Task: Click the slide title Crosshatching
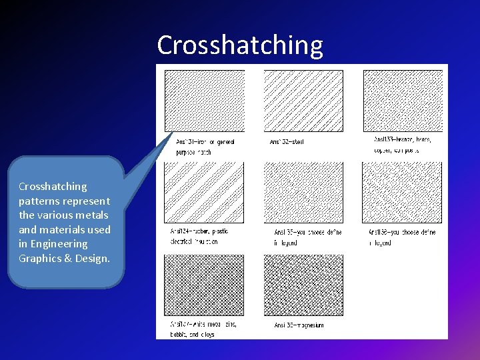(x=240, y=45)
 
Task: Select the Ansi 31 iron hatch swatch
(x=205, y=101)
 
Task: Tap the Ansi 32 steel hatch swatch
(x=303, y=101)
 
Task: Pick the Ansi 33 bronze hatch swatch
(x=403, y=101)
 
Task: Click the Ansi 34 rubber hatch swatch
(x=205, y=193)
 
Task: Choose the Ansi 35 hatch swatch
(x=303, y=193)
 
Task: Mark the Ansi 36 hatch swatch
(x=403, y=193)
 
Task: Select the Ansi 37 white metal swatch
(x=205, y=285)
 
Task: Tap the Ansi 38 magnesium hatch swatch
(x=303, y=285)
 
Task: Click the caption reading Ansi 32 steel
(x=287, y=142)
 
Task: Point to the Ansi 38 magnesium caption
(x=299, y=325)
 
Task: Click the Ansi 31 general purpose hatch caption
(x=205, y=147)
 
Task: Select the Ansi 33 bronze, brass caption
(x=402, y=145)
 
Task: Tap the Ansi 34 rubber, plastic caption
(x=199, y=236)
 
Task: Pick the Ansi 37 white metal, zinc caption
(x=203, y=329)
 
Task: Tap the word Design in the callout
(x=93, y=259)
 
